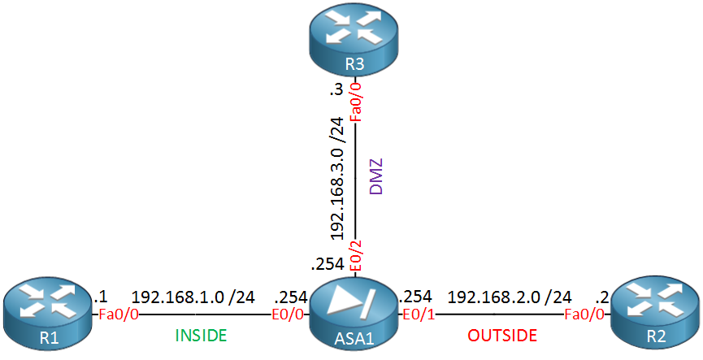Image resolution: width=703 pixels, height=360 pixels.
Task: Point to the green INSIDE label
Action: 201,335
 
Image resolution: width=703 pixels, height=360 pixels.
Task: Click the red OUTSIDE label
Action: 502,335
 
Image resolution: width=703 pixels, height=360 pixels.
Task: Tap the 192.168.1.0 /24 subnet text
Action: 193,297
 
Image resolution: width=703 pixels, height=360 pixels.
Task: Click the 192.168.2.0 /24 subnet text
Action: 510,297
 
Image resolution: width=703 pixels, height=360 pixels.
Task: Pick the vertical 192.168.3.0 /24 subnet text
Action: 336,178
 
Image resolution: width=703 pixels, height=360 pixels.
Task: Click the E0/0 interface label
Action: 289,314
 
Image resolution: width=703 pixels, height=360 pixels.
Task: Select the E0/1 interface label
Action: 419,314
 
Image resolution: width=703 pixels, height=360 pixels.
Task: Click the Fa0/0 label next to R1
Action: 119,314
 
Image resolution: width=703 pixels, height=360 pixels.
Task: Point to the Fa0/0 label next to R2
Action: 584,314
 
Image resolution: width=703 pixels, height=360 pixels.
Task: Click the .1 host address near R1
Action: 101,297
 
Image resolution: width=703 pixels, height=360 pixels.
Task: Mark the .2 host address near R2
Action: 601,297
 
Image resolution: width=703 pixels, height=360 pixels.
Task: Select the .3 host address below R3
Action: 336,89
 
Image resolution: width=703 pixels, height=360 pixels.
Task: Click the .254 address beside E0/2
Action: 328,264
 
